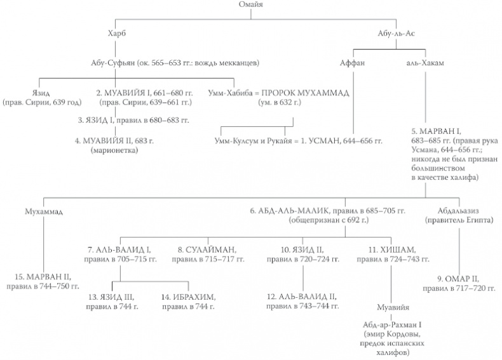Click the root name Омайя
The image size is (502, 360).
[251, 5]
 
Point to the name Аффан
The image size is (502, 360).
[353, 63]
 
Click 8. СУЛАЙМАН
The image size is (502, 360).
[204, 250]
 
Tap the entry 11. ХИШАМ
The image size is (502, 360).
[382, 250]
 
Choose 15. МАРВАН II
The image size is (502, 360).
[43, 277]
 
